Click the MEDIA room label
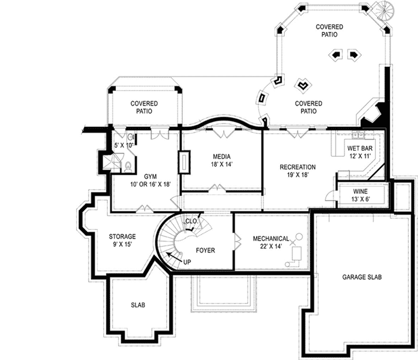222,156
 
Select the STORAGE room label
122,237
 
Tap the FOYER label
205,250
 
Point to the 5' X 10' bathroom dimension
123,145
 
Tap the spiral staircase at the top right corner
382,10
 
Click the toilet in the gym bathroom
128,167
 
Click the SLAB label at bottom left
138,305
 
